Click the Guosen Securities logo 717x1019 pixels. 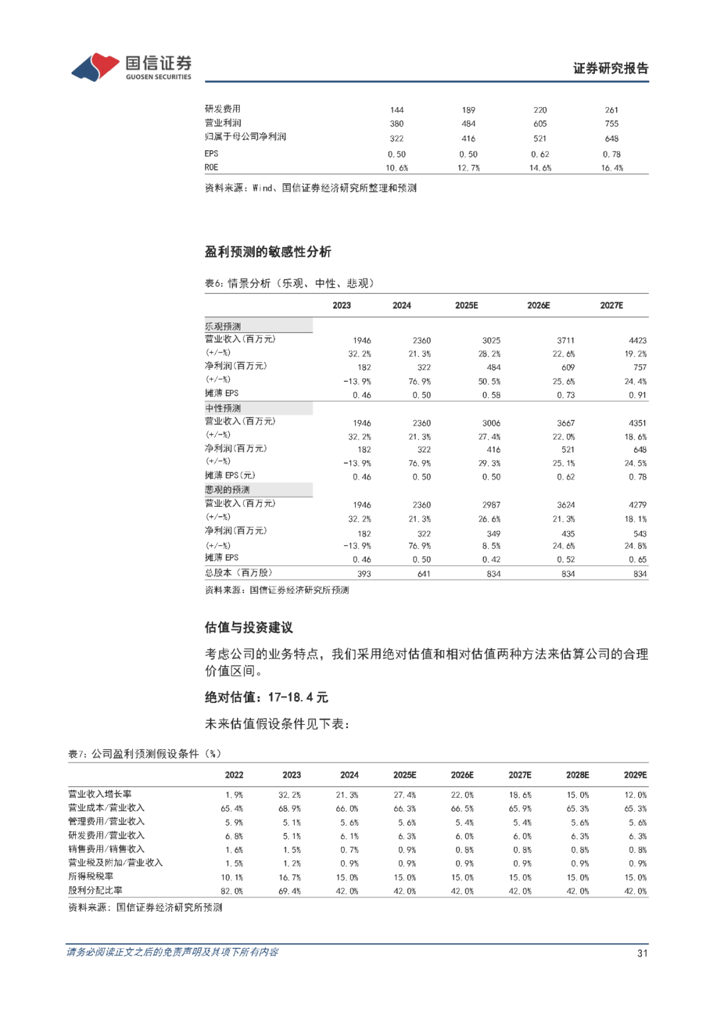pyautogui.click(x=131, y=67)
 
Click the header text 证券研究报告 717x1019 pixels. pyautogui.click(x=610, y=68)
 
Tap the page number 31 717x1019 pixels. pyautogui.click(x=642, y=953)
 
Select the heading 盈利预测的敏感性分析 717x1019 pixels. pyautogui.click(x=268, y=252)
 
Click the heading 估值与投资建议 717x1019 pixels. pyautogui.click(x=248, y=628)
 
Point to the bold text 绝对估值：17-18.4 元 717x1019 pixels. pyautogui.click(x=266, y=697)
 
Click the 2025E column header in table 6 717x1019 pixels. pyautogui.click(x=466, y=306)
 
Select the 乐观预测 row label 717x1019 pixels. pyautogui.click(x=223, y=326)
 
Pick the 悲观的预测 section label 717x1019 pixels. pyautogui.click(x=227, y=490)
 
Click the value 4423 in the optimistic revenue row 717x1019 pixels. pyautogui.click(x=637, y=340)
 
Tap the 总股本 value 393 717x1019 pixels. pyautogui.click(x=364, y=574)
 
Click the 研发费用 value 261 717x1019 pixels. pyautogui.click(x=611, y=110)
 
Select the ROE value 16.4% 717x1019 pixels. pyautogui.click(x=611, y=168)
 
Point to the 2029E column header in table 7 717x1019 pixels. pyautogui.click(x=635, y=775)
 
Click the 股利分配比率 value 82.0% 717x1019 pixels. pyautogui.click(x=232, y=891)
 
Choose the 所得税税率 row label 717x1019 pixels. pyautogui.click(x=91, y=877)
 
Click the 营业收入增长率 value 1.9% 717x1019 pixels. pyautogui.click(x=234, y=795)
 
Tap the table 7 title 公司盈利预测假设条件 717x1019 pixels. pyautogui.click(x=145, y=754)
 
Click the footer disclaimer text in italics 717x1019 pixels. pyautogui.click(x=173, y=953)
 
